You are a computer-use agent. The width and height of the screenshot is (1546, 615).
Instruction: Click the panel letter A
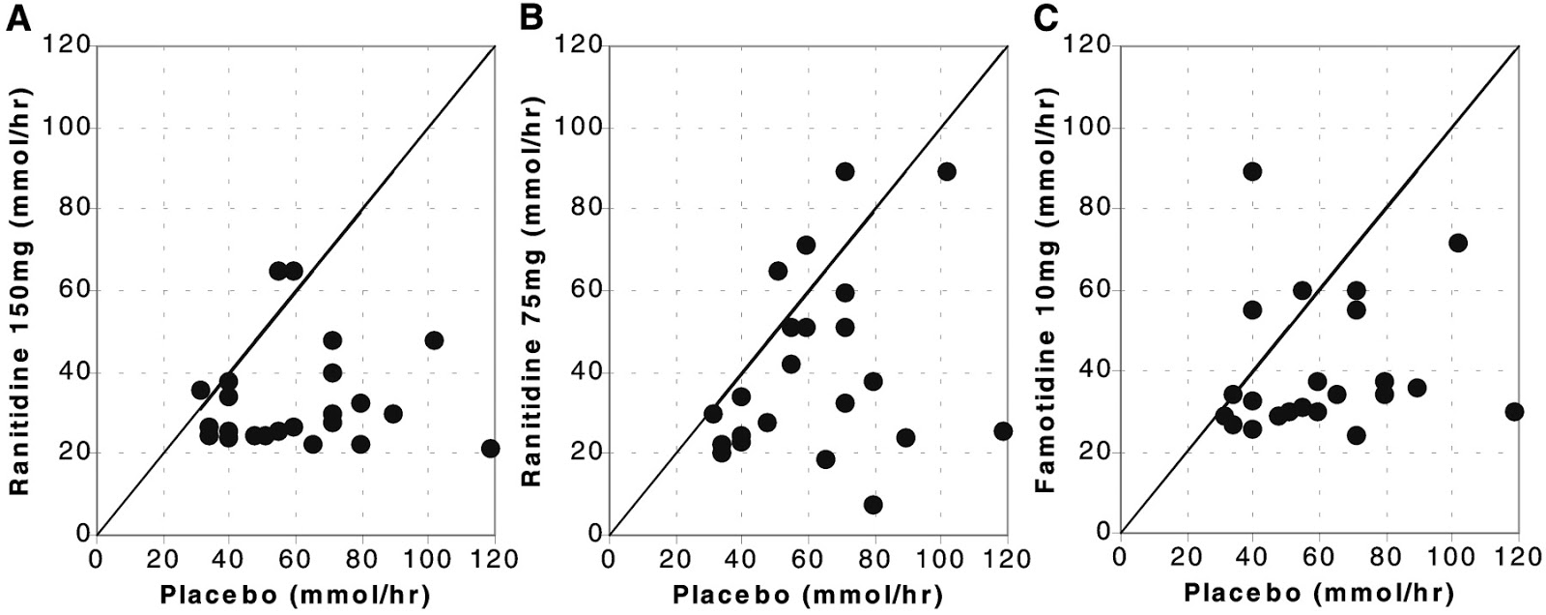16,18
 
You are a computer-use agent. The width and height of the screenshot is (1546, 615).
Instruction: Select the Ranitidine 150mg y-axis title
20,290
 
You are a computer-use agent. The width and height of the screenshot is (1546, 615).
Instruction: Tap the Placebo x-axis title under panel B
807,593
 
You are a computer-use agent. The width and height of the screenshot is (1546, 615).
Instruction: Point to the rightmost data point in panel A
491,448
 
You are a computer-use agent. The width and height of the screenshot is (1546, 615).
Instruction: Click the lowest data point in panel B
873,505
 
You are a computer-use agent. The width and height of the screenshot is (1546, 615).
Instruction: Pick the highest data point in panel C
1252,171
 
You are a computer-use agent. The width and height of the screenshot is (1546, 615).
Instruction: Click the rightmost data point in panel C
1514,411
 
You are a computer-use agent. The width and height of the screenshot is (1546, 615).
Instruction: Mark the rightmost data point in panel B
1003,431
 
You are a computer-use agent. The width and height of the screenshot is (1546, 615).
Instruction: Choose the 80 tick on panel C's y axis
1098,209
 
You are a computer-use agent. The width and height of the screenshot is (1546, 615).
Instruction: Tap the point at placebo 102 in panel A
434,340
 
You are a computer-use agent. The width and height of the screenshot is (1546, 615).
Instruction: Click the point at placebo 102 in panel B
946,171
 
